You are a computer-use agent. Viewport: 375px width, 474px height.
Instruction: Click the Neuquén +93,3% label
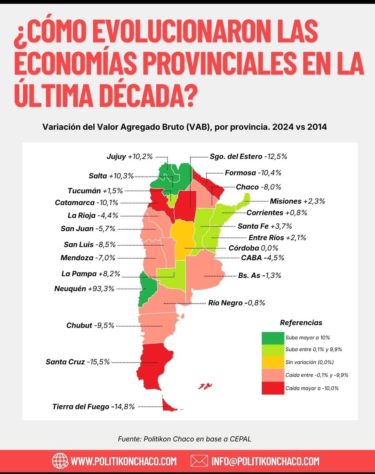pyautogui.click(x=84, y=289)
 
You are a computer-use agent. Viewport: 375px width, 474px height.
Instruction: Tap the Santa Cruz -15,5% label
pyautogui.click(x=77, y=361)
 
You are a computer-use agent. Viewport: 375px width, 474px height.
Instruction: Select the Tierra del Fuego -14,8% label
pyautogui.click(x=94, y=406)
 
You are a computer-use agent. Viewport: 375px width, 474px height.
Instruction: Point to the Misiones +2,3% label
pyautogui.click(x=297, y=201)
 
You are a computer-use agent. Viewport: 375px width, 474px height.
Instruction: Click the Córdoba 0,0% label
pyautogui.click(x=253, y=248)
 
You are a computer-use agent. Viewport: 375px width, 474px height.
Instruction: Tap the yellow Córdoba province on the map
pyautogui.click(x=182, y=239)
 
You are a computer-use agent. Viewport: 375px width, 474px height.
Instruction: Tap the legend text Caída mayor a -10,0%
pyautogui.click(x=312, y=388)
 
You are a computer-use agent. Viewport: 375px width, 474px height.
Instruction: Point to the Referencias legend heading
pyautogui.click(x=301, y=323)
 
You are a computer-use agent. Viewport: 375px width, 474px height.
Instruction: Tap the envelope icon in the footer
pyautogui.click(x=199, y=461)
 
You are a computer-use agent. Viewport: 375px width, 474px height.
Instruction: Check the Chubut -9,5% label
pyautogui.click(x=90, y=326)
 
